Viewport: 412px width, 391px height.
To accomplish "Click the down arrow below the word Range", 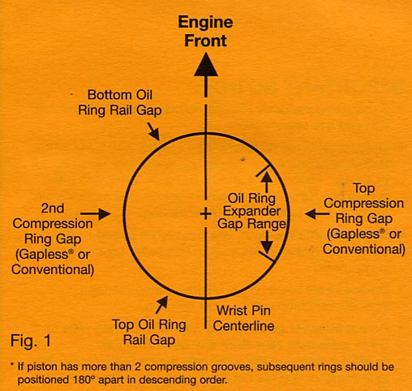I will tap(265, 243).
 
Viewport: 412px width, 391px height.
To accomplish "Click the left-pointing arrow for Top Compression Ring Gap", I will tap(313, 213).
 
